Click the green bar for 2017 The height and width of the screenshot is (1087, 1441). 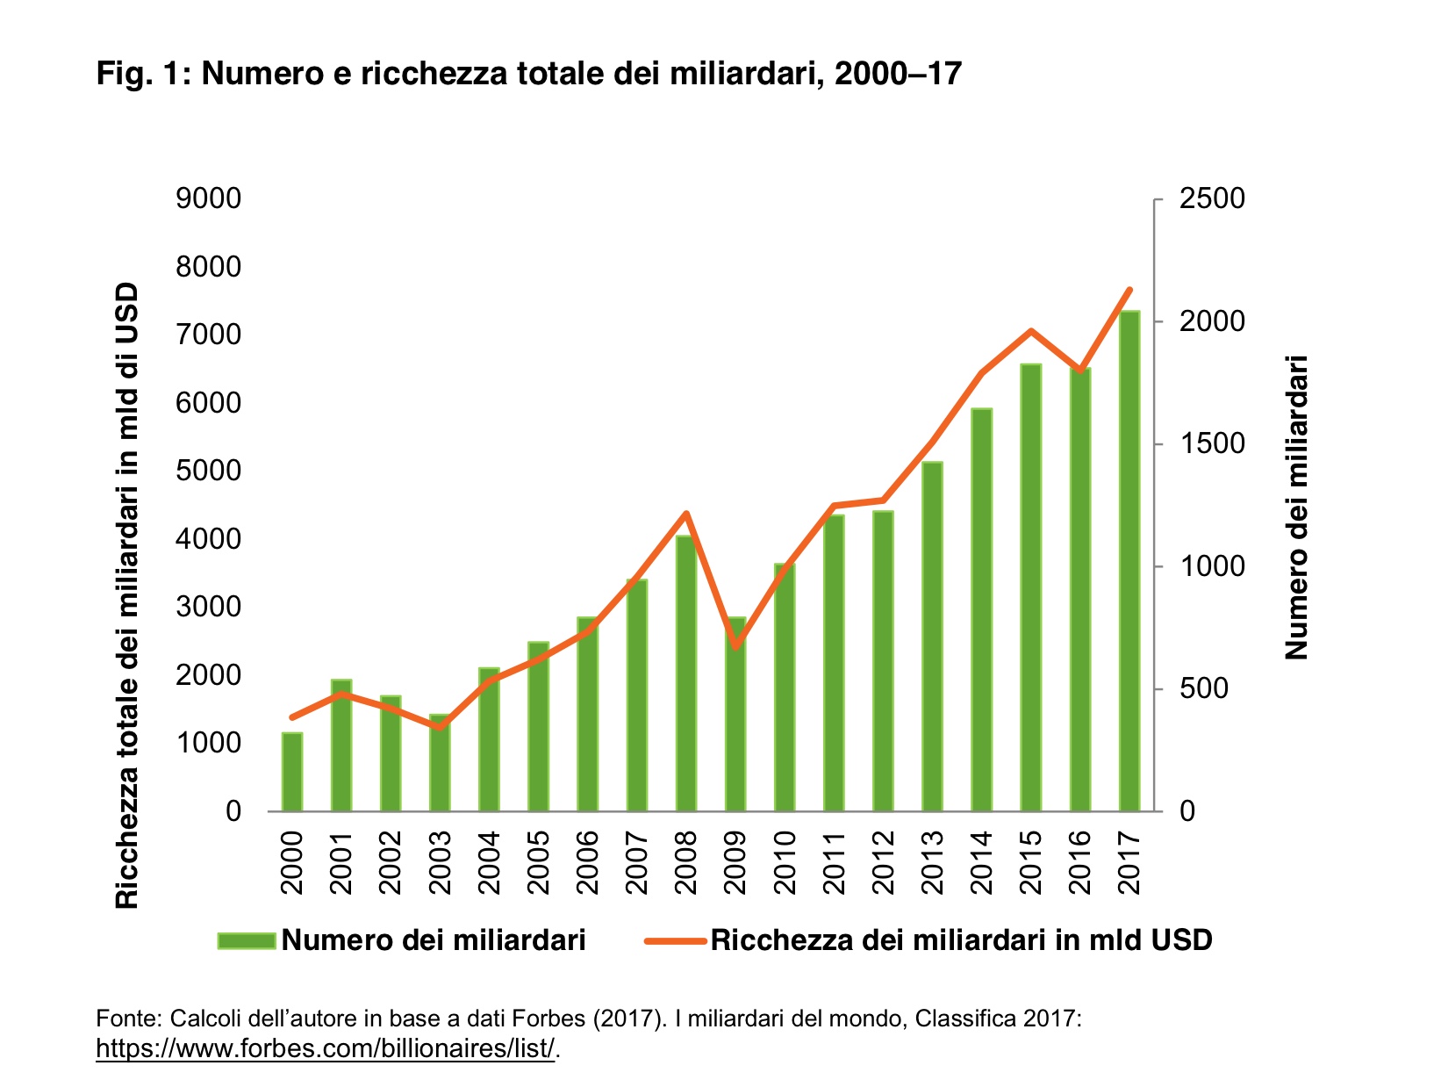(1129, 562)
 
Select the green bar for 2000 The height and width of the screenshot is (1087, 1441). (291, 773)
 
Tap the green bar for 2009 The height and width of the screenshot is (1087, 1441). (735, 715)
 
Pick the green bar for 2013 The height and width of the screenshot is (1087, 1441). (932, 637)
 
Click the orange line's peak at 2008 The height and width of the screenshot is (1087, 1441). (686, 514)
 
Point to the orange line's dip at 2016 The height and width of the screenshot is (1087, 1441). (1080, 371)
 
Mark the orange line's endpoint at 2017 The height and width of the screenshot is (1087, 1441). (1129, 290)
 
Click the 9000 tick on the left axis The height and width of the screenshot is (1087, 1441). (209, 198)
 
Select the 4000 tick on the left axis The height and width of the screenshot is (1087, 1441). (209, 539)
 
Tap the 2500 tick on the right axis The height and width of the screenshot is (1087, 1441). (1212, 198)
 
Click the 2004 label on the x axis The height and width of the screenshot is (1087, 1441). (489, 863)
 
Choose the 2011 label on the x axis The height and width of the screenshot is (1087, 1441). (834, 863)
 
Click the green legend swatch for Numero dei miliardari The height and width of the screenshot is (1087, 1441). (247, 940)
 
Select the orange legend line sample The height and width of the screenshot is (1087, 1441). (674, 940)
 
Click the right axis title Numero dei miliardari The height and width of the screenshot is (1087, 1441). (1296, 507)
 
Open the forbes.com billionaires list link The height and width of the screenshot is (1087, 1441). (326, 1048)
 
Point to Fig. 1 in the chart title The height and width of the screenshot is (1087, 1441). (140, 74)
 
